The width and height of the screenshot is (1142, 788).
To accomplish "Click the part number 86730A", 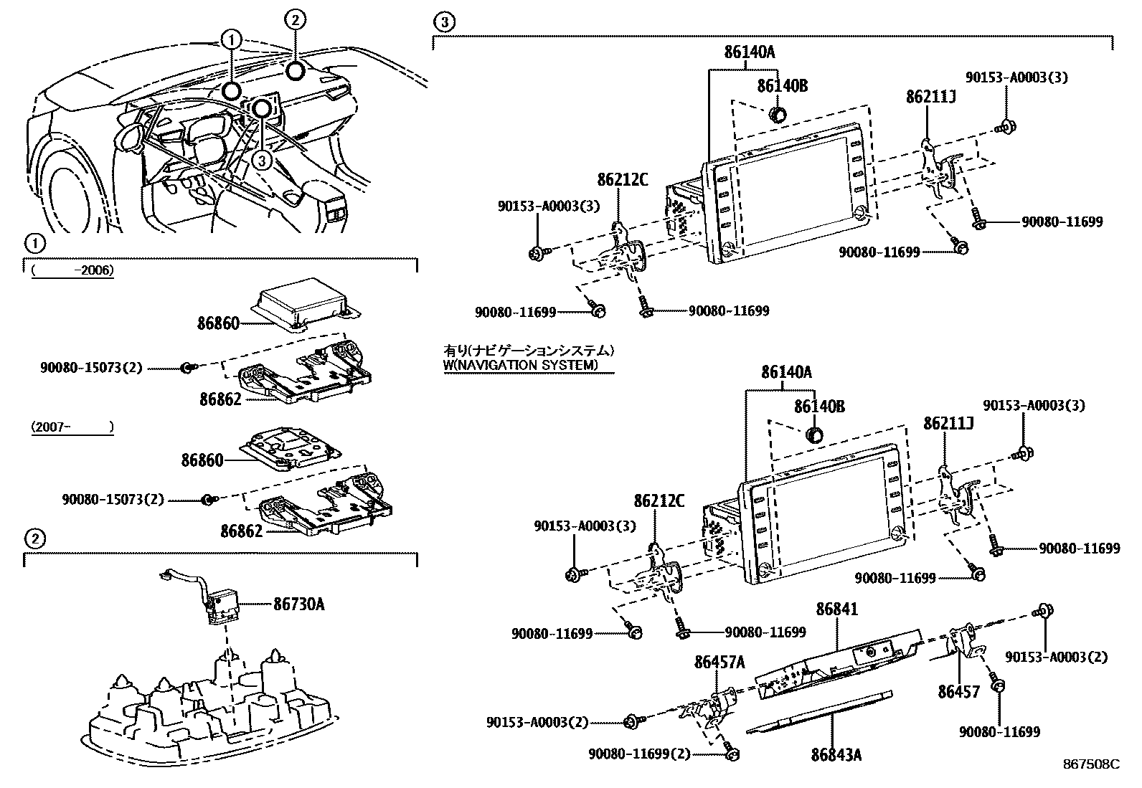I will pos(298,604).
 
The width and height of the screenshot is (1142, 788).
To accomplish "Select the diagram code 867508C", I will pos(1090,764).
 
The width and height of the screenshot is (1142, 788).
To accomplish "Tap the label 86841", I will pos(837,610).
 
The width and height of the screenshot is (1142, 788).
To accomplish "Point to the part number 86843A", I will pos(836,754).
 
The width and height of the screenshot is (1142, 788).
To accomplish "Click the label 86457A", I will pos(719,663).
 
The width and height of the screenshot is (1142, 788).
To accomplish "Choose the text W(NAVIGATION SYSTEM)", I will pos(520,365).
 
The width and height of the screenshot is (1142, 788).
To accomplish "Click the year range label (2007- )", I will pos(72,427).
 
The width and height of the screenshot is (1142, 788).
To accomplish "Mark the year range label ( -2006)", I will pos(72,271).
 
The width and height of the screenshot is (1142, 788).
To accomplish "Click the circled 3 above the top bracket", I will pos(444,23).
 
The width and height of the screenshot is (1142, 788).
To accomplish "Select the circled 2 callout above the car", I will pos(295,19).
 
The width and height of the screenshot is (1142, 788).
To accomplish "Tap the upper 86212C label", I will pos(622,179).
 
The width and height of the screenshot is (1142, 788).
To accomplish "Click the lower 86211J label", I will pos(948,423).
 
